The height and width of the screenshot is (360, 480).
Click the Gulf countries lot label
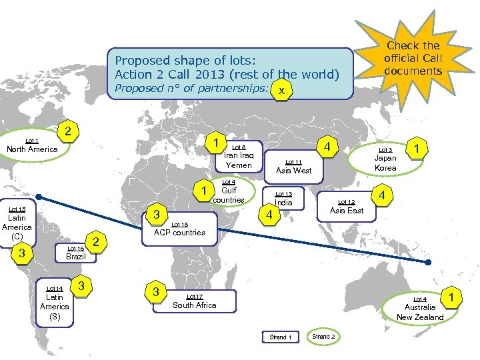[228, 191]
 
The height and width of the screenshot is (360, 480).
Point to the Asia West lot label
[294, 167]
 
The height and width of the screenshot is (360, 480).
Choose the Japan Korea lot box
[385, 159]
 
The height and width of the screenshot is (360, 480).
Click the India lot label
[283, 199]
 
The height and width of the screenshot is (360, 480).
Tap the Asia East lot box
[347, 207]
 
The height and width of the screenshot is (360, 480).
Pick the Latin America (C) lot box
[17, 223]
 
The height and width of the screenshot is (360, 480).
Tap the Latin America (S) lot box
[55, 303]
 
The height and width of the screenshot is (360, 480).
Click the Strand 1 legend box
[281, 337]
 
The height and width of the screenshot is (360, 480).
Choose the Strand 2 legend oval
[323, 337]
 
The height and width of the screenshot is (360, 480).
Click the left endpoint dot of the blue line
[39, 197]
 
